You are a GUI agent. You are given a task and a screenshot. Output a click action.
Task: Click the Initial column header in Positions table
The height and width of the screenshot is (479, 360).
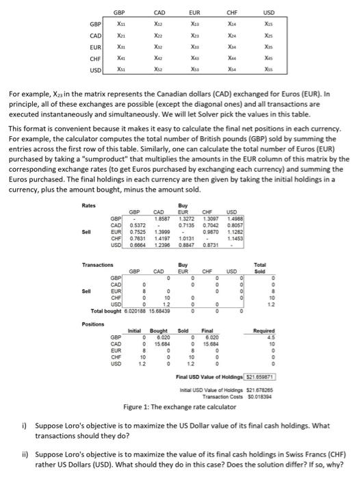[x=142, y=331]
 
